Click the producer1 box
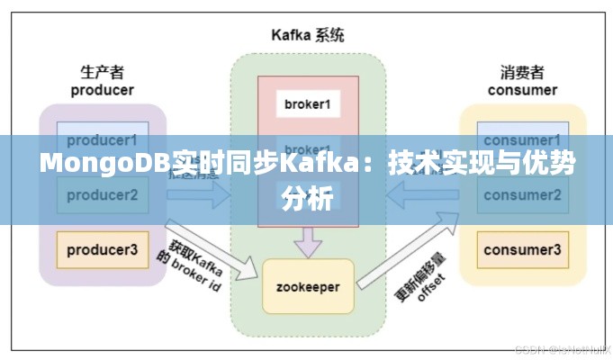point(102,140)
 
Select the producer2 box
point(102,193)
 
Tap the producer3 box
point(102,249)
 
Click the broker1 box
point(308,103)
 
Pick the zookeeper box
point(308,287)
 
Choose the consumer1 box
point(523,140)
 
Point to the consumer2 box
point(523,193)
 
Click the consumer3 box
point(523,249)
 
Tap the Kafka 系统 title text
point(308,35)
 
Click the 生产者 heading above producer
point(102,72)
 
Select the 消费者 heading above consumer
point(523,72)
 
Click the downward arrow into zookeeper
point(309,240)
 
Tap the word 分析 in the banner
point(307,197)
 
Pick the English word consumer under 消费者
point(523,89)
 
